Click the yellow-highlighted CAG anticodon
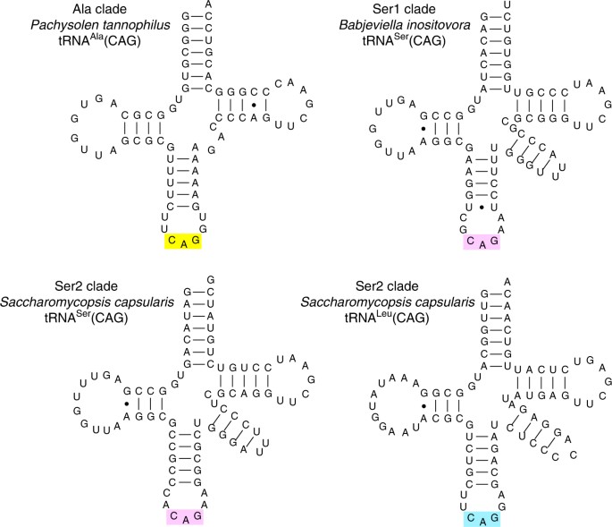(x=182, y=242)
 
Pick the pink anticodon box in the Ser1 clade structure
(x=482, y=242)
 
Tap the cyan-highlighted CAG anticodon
(x=482, y=517)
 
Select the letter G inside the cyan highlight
(x=496, y=516)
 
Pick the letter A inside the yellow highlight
(x=182, y=244)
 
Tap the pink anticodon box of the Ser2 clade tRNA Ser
(x=183, y=517)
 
